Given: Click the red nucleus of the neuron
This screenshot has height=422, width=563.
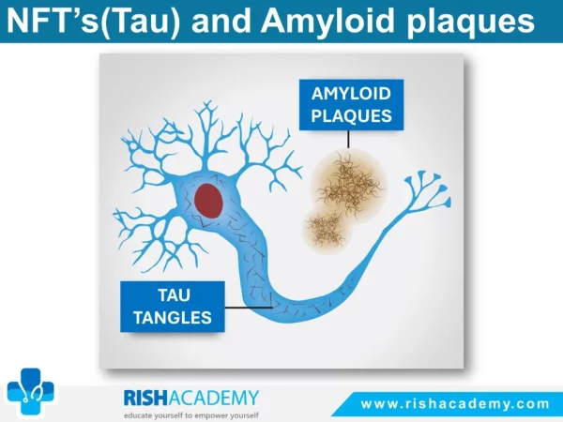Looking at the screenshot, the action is tap(208, 201).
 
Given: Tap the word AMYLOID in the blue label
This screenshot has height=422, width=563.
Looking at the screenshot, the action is tap(351, 94).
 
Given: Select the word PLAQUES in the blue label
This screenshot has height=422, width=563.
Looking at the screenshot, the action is tap(351, 116).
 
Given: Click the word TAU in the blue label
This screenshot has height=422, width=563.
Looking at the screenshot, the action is tap(174, 295).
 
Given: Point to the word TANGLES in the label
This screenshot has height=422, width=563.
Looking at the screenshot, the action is tap(173, 318).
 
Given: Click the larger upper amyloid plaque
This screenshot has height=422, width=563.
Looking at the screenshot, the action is tap(349, 185).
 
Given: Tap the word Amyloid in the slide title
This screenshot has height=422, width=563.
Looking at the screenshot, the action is tap(327, 23).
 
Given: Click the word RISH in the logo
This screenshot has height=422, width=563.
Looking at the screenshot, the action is tap(145, 398).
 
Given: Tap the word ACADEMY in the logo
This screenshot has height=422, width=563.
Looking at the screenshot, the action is tap(213, 398).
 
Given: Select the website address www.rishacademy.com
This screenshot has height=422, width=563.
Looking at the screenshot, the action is tap(455, 404).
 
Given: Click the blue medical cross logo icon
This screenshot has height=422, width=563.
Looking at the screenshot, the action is tap(31, 392).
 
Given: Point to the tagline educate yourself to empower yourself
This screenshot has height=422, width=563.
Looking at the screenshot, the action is tap(191, 415).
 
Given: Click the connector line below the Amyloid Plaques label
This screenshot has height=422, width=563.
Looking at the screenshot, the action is tap(348, 139).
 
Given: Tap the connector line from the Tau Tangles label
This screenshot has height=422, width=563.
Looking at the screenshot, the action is tap(249, 308).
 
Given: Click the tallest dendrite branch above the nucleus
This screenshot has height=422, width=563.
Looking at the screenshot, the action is tap(206, 136).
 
